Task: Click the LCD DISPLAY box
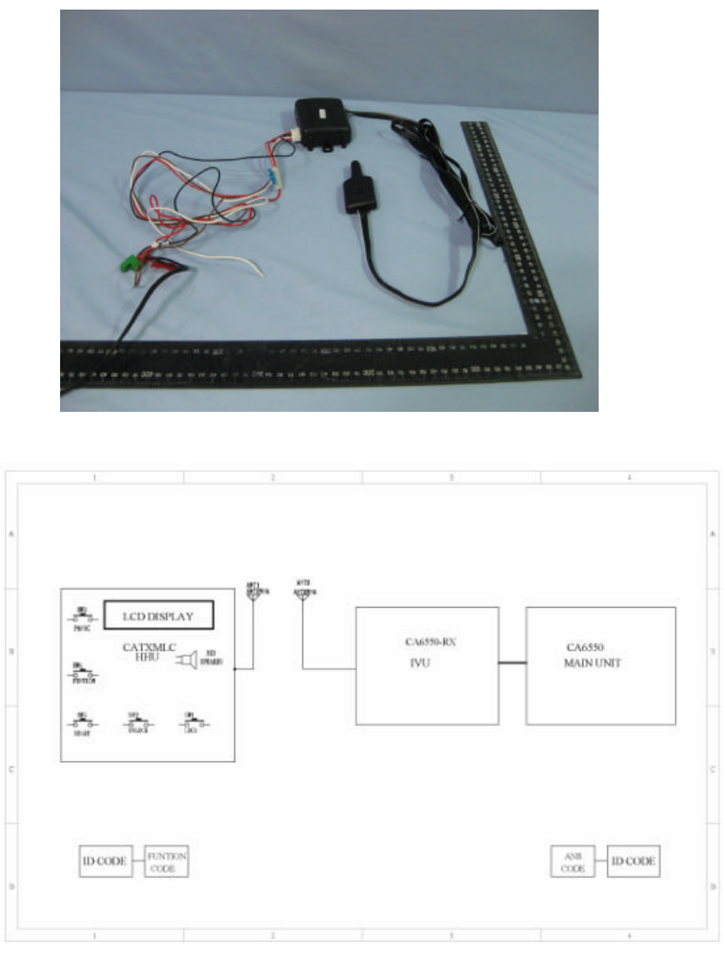pyautogui.click(x=159, y=616)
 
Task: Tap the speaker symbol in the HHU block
pyautogui.click(x=187, y=661)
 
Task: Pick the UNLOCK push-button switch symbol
pyautogui.click(x=137, y=723)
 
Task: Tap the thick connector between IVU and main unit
pyautogui.click(x=512, y=663)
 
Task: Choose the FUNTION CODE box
pyautogui.click(x=166, y=863)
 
